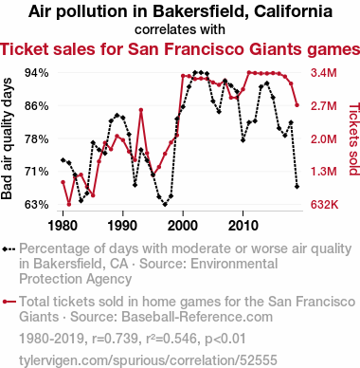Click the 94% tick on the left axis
pyautogui.click(x=37, y=73)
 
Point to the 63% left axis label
pyautogui.click(x=37, y=205)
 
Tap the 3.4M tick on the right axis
pyautogui.click(x=324, y=73)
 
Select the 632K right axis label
pyautogui.click(x=324, y=205)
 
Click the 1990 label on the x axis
pyautogui.click(x=122, y=226)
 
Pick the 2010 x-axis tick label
pyautogui.click(x=243, y=226)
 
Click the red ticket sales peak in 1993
pyautogui.click(x=141, y=110)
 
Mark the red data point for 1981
pyautogui.click(x=69, y=204)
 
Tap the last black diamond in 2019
pyautogui.click(x=297, y=187)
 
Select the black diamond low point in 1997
pyautogui.click(x=165, y=205)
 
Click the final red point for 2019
pyautogui.click(x=297, y=105)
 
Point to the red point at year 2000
pyautogui.click(x=183, y=76)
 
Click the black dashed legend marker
pyautogui.click(x=9, y=249)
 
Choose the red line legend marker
pyautogui.click(x=9, y=302)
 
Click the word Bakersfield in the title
pyautogui.click(x=200, y=11)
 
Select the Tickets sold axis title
pyautogui.click(x=354, y=139)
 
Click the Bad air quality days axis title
pyautogui.click(x=7, y=138)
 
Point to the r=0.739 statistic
pyautogui.click(x=116, y=339)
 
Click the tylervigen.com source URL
pyautogui.click(x=148, y=360)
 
